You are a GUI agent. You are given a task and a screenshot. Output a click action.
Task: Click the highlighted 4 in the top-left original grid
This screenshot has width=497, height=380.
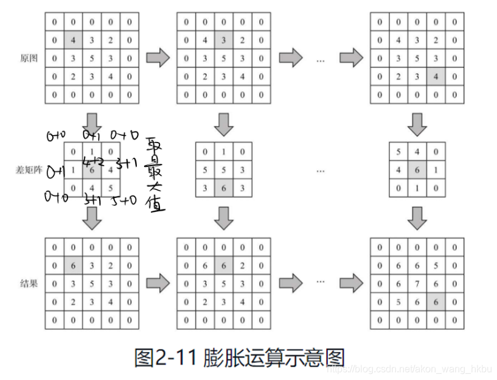73,41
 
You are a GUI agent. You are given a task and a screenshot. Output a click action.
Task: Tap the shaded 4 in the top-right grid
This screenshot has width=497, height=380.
435,77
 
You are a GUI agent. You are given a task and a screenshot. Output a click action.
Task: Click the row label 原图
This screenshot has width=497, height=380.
29,58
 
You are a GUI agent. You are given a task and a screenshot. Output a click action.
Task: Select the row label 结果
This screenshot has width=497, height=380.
29,283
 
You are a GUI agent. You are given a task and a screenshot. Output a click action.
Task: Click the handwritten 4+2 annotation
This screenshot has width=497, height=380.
93,161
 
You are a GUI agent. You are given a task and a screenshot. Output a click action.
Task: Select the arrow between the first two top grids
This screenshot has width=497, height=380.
158,58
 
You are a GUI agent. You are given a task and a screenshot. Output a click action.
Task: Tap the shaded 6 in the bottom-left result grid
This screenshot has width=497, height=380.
73,265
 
